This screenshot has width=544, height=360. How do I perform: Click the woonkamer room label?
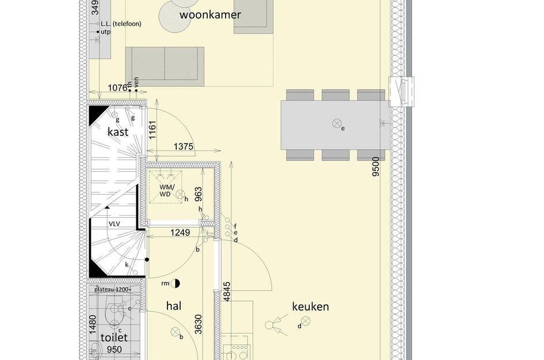click(210, 15)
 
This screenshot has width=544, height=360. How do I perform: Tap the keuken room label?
click(310, 306)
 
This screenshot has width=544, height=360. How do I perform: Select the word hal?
click(173, 306)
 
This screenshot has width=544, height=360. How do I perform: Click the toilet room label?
click(113, 338)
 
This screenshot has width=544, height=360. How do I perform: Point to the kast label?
click(117, 132)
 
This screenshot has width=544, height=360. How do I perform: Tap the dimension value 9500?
click(376, 166)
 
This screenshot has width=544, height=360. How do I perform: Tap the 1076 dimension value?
click(117, 88)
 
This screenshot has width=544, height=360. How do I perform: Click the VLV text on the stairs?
click(115, 224)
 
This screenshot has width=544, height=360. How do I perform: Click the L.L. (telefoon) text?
click(120, 24)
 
